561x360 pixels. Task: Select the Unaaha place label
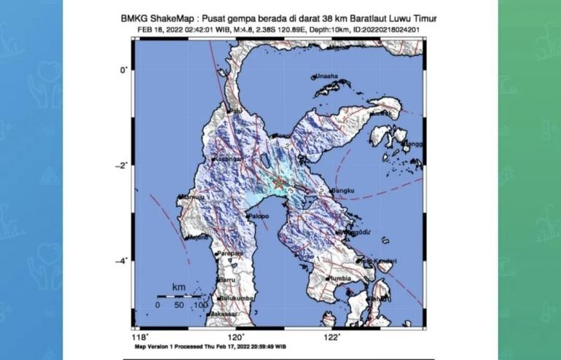click(326, 76)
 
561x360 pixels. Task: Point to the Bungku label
click(342, 192)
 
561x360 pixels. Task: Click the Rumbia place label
click(341, 278)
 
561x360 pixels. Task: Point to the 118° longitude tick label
click(139, 337)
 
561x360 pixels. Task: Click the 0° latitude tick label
click(125, 69)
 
